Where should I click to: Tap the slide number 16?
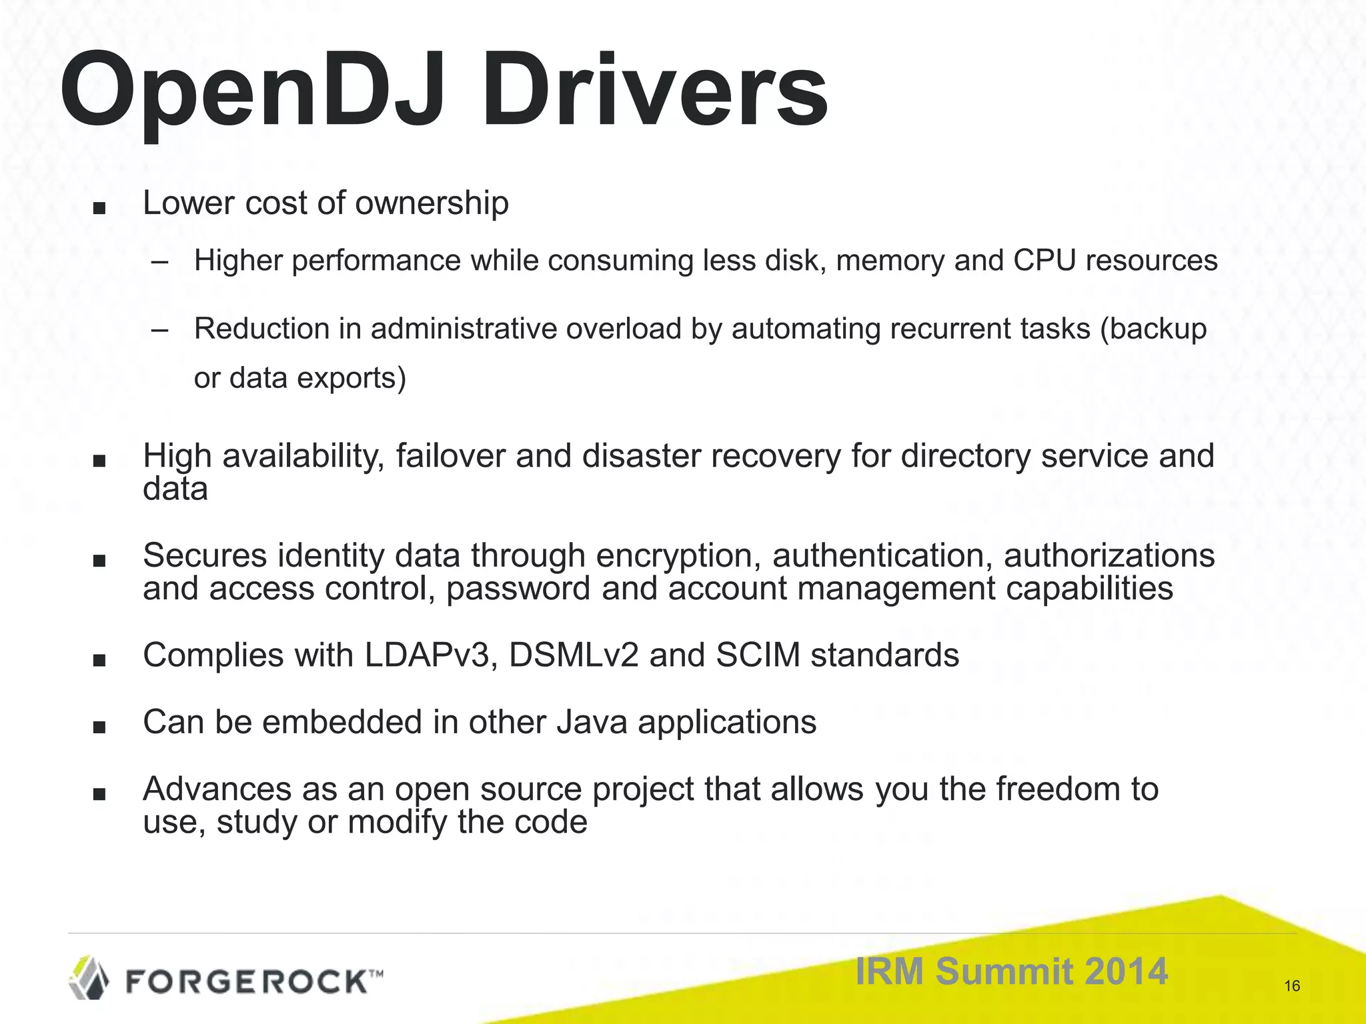[x=1292, y=986]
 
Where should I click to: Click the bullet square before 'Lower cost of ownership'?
[x=99, y=208]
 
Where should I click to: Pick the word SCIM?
[x=758, y=655]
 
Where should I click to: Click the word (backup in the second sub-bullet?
[x=1153, y=329]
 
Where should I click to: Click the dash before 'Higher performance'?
[x=160, y=261]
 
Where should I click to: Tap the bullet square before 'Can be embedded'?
[x=99, y=727]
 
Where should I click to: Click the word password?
[x=518, y=589]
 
